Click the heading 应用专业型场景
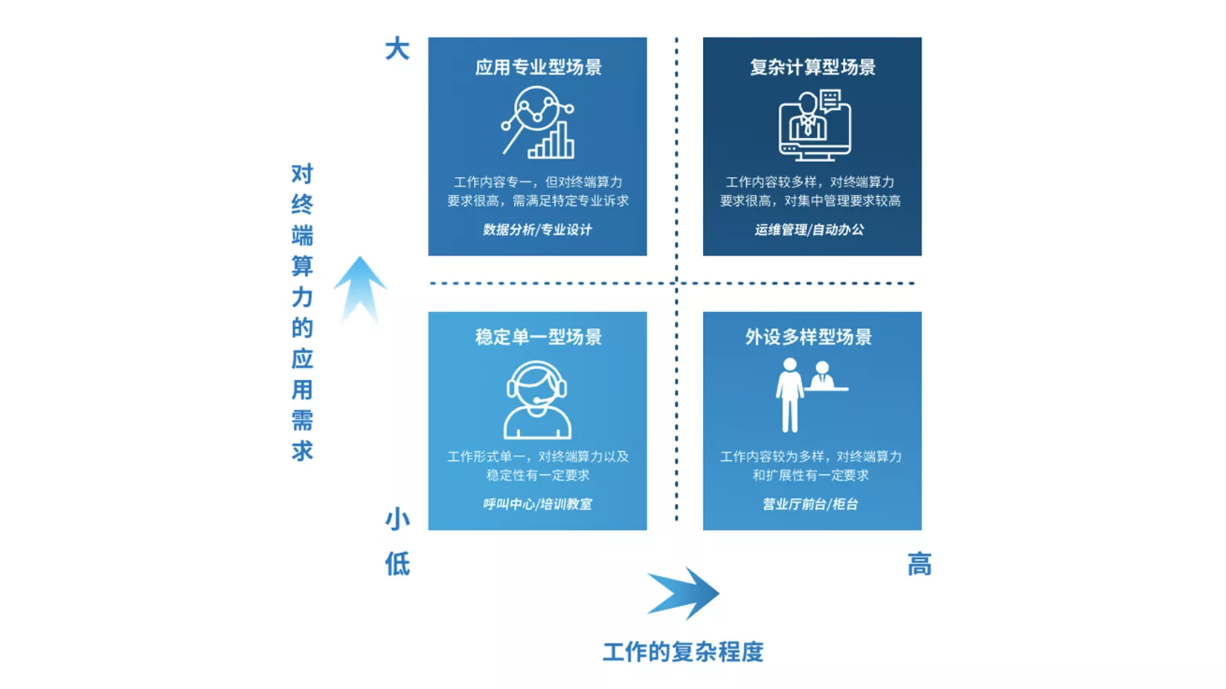(x=538, y=67)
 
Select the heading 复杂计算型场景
(x=813, y=67)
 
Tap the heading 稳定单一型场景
(x=538, y=337)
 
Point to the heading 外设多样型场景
(x=809, y=337)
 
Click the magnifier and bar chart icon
(x=537, y=123)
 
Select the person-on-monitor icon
(x=815, y=125)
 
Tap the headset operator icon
(x=537, y=399)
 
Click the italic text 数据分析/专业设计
(x=537, y=230)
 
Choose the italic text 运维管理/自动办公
(x=809, y=230)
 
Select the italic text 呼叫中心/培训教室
(x=537, y=504)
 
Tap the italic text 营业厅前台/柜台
(x=811, y=504)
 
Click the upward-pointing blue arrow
(x=359, y=289)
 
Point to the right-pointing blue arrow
(x=683, y=593)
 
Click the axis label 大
(x=397, y=49)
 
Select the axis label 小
(x=397, y=520)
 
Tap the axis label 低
(x=397, y=564)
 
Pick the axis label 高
(x=919, y=564)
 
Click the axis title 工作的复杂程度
(x=683, y=652)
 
